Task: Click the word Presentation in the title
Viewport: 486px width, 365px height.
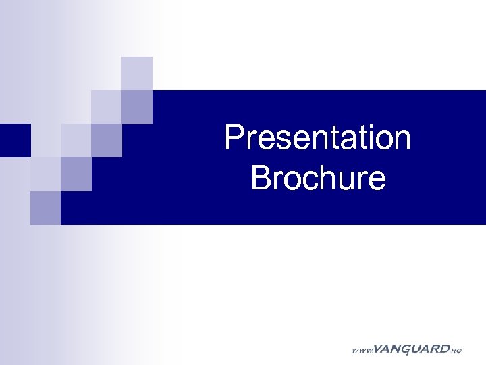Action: point(317,138)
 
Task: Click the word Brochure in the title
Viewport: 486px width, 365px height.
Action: point(318,178)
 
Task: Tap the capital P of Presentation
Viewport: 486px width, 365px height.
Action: point(234,138)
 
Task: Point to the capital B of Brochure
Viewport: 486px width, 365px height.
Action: point(260,178)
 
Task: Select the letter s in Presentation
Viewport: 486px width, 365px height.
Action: point(281,140)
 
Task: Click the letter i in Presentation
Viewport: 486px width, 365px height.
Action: point(365,138)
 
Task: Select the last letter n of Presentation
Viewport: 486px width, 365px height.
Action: point(402,140)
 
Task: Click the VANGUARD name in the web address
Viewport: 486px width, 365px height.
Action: point(410,349)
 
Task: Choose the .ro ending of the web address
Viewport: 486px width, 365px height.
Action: point(456,351)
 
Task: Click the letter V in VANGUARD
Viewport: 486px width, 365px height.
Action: point(377,349)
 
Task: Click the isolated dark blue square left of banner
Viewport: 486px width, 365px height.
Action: point(15,140)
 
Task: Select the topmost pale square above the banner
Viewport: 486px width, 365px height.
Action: point(136,73)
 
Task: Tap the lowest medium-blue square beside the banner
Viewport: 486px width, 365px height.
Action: point(45,208)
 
